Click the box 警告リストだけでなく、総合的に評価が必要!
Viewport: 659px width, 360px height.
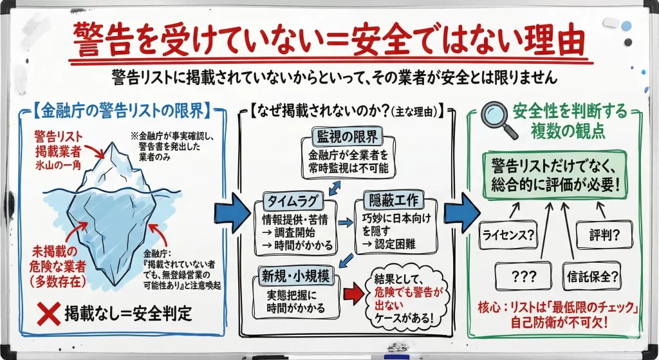[553, 175]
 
